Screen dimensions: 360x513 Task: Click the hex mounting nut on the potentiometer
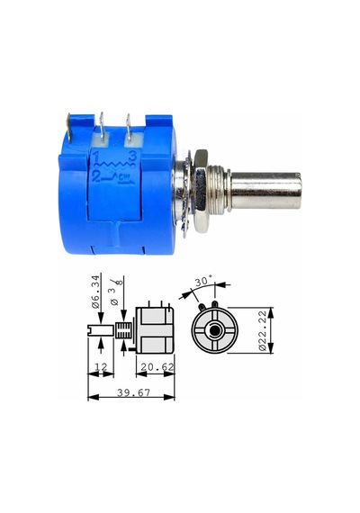point(202,191)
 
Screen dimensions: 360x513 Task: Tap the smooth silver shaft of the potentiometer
point(265,191)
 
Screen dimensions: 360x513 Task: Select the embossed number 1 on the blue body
point(96,158)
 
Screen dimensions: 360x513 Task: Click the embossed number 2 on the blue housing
point(96,176)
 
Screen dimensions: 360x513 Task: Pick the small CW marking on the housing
point(123,177)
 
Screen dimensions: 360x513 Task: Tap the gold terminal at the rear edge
point(69,127)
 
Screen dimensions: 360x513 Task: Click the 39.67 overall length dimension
point(133,392)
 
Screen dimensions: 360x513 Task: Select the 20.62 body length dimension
point(157,367)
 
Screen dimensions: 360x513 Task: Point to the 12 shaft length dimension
point(101,367)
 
